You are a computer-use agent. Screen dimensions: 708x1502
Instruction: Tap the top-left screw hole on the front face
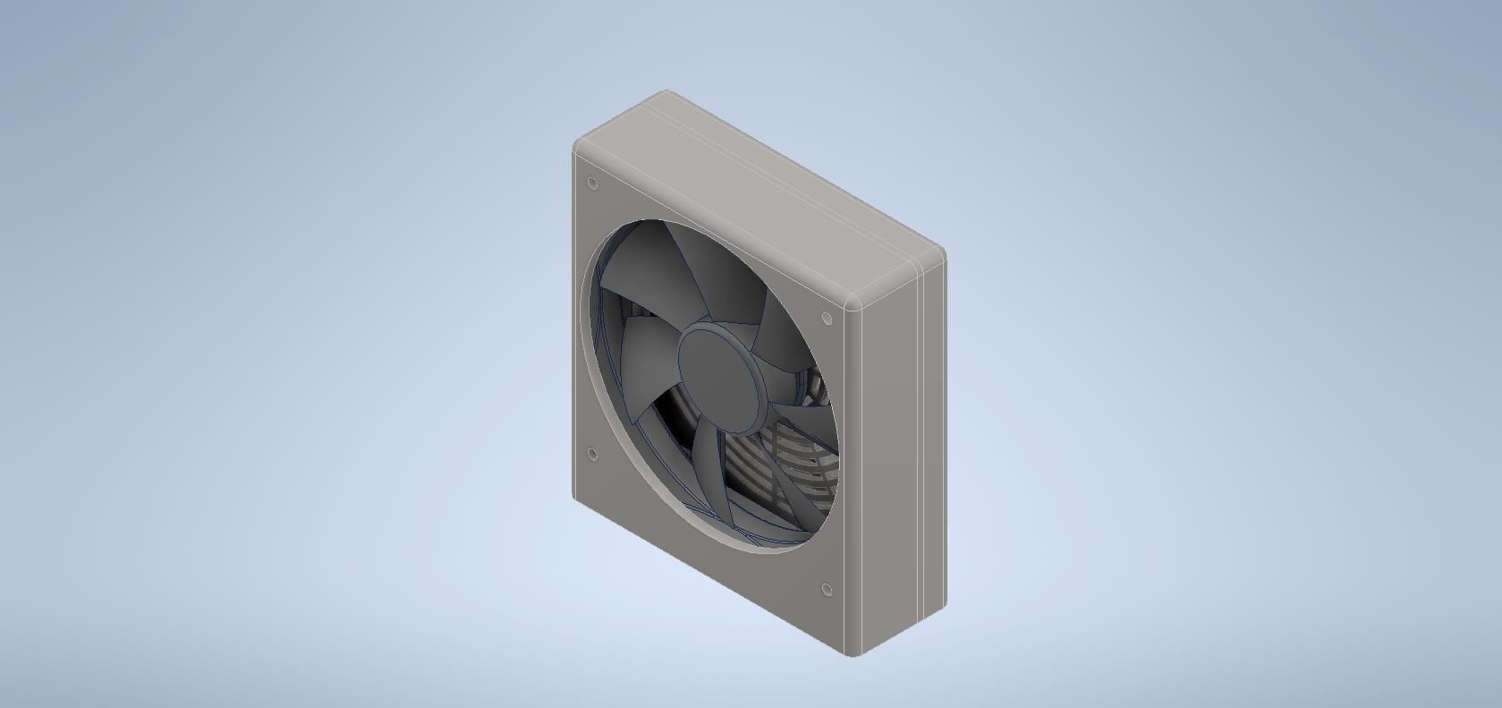coord(592,183)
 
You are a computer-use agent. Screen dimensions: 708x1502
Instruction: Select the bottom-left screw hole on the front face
coord(592,454)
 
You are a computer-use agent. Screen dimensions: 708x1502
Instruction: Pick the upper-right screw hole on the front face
coord(827,318)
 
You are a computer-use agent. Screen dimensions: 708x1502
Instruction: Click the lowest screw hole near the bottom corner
coord(827,589)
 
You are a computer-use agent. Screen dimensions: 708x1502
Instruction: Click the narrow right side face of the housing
coord(890,465)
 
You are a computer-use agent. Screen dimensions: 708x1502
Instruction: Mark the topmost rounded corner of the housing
coord(666,93)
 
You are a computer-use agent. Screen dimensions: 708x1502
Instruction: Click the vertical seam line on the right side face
coord(920,448)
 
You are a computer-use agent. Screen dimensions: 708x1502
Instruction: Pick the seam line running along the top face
coord(787,178)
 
